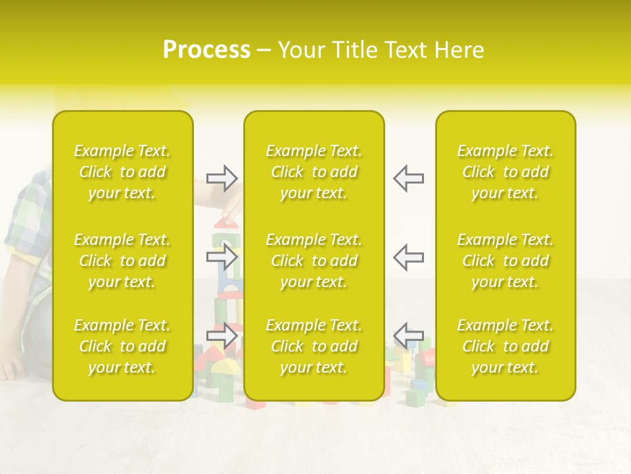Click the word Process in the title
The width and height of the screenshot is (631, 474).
(206, 50)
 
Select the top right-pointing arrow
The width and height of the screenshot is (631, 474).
(222, 178)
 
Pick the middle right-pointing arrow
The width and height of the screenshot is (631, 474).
(222, 257)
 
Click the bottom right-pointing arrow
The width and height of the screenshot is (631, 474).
(222, 336)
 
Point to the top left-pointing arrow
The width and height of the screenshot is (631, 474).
(408, 178)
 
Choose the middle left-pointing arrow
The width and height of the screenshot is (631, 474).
(408, 257)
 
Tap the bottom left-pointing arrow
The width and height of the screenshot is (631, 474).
(408, 336)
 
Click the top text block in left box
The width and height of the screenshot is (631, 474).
(122, 172)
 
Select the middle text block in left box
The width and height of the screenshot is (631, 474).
(122, 261)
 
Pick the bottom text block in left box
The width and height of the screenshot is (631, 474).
(122, 346)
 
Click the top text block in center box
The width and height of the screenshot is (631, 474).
(314, 172)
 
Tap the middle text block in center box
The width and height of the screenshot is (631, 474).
(314, 261)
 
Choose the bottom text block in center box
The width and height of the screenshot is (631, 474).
(314, 346)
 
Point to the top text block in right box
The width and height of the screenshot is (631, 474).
(505, 172)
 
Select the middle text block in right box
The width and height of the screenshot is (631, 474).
(505, 261)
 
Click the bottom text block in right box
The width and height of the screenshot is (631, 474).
(505, 346)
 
